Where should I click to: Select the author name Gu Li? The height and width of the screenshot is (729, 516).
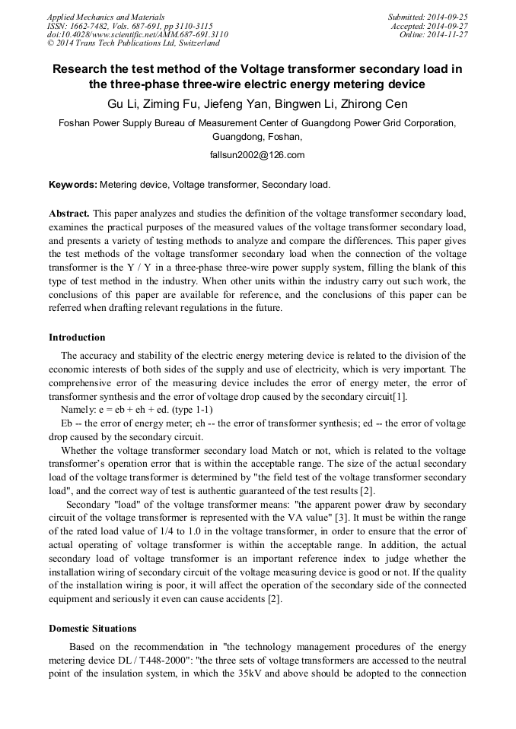[123, 104]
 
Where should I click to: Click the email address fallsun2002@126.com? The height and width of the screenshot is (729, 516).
[256, 155]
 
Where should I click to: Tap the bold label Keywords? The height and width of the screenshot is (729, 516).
[73, 185]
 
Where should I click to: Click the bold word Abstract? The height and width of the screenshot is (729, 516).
[69, 214]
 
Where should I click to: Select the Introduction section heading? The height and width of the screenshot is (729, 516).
[77, 338]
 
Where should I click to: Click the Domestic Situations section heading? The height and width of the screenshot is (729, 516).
[92, 629]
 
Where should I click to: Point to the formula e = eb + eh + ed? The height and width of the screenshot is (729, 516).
[132, 410]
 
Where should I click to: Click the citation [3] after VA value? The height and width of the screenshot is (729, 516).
[342, 517]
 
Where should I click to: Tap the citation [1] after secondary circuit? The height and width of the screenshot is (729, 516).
[400, 398]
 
